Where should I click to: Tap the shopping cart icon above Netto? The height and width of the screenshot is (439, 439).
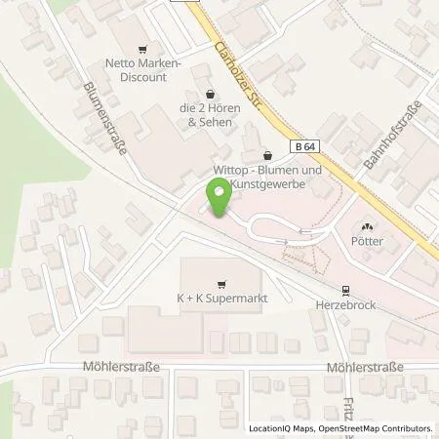tap(143, 49)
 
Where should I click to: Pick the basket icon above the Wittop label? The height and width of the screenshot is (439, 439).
tap(269, 155)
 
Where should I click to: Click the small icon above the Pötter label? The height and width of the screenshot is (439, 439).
tap(368, 224)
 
